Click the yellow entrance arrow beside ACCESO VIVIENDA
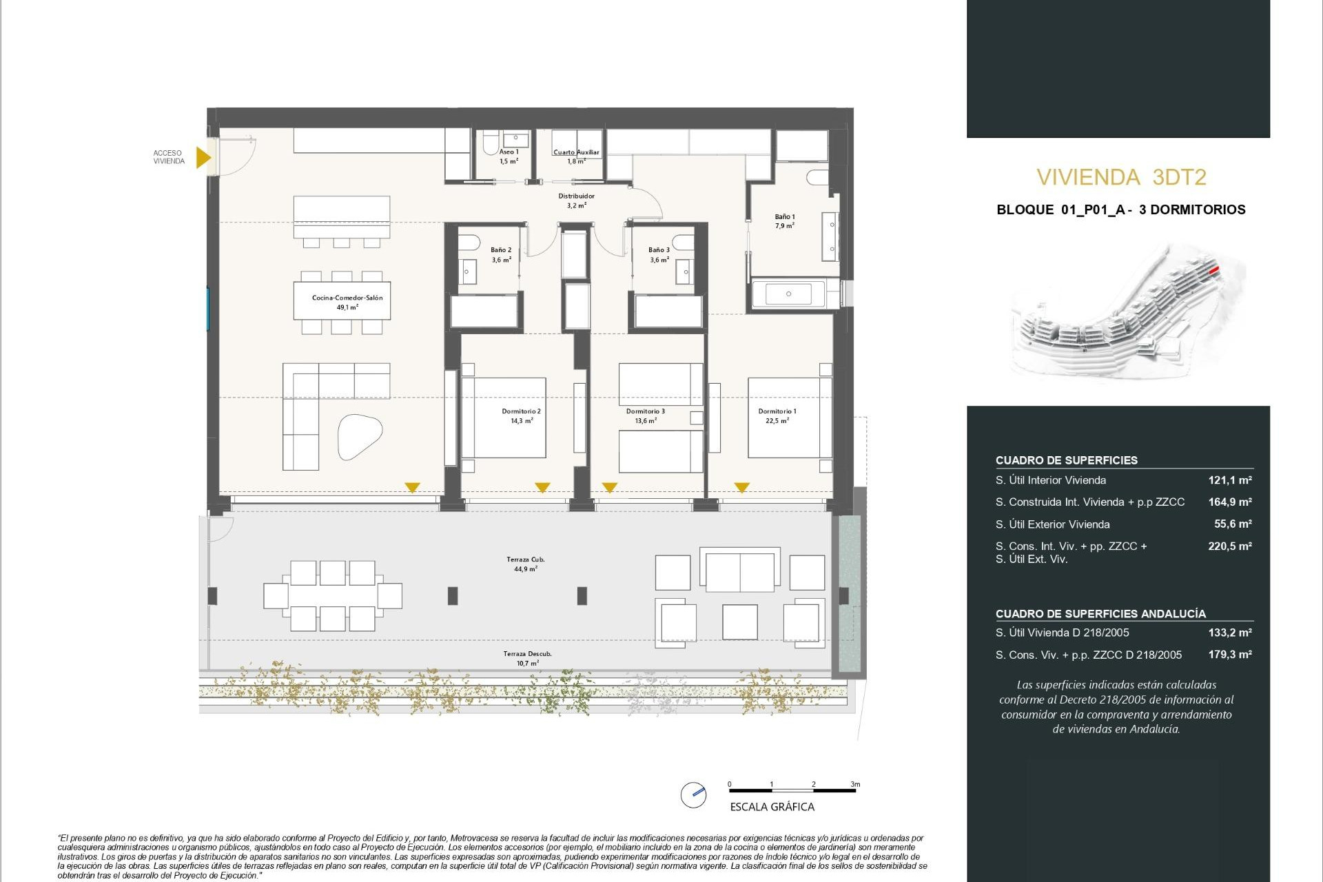pyautogui.click(x=203, y=158)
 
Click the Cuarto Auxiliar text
pyautogui.click(x=576, y=152)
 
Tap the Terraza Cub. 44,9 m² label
pyautogui.click(x=525, y=564)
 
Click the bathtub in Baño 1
pyautogui.click(x=788, y=294)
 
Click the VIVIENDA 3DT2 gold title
pyautogui.click(x=1121, y=178)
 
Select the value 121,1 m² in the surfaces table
pyautogui.click(x=1229, y=480)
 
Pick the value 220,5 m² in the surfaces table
pyautogui.click(x=1229, y=546)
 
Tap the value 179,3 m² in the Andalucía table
pyautogui.click(x=1229, y=655)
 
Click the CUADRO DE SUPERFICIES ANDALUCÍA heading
pyautogui.click(x=1100, y=613)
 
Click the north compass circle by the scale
pyautogui.click(x=693, y=794)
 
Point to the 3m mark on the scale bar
pyautogui.click(x=855, y=784)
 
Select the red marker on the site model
pyautogui.click(x=1214, y=270)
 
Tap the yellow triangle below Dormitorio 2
pyautogui.click(x=542, y=488)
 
